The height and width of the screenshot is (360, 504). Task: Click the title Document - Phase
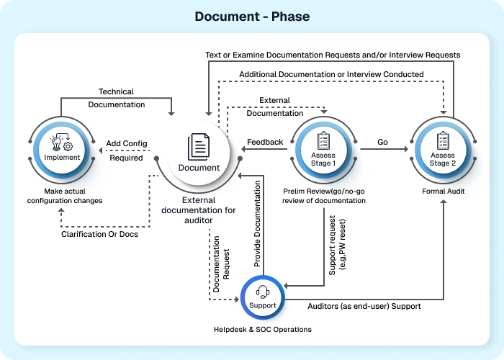point(251,16)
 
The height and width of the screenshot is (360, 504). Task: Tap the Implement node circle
point(63,150)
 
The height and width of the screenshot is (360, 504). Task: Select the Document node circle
point(198,153)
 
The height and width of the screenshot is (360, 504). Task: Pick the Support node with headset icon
point(262,298)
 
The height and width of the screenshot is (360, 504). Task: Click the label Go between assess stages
point(382,142)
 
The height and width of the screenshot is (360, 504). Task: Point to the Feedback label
point(265,142)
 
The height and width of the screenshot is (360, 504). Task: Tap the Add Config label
point(127,143)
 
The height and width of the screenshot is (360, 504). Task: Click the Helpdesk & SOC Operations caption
point(263,329)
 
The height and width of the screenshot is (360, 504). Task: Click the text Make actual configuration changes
point(63,195)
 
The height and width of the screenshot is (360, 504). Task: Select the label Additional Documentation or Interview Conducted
point(331,73)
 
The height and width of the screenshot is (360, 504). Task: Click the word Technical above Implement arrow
point(116,91)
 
